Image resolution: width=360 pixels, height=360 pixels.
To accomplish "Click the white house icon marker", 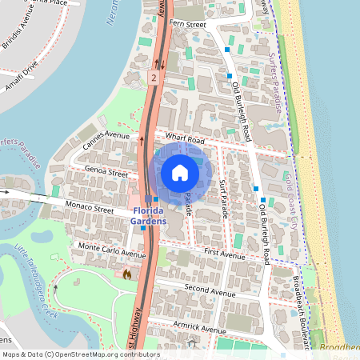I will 180,172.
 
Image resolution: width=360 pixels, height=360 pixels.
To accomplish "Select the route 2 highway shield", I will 152,78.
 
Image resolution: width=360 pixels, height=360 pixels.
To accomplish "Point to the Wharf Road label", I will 182,138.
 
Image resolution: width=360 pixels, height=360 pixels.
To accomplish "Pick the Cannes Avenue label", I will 106,138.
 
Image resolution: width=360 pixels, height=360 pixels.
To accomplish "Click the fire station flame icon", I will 126,274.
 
